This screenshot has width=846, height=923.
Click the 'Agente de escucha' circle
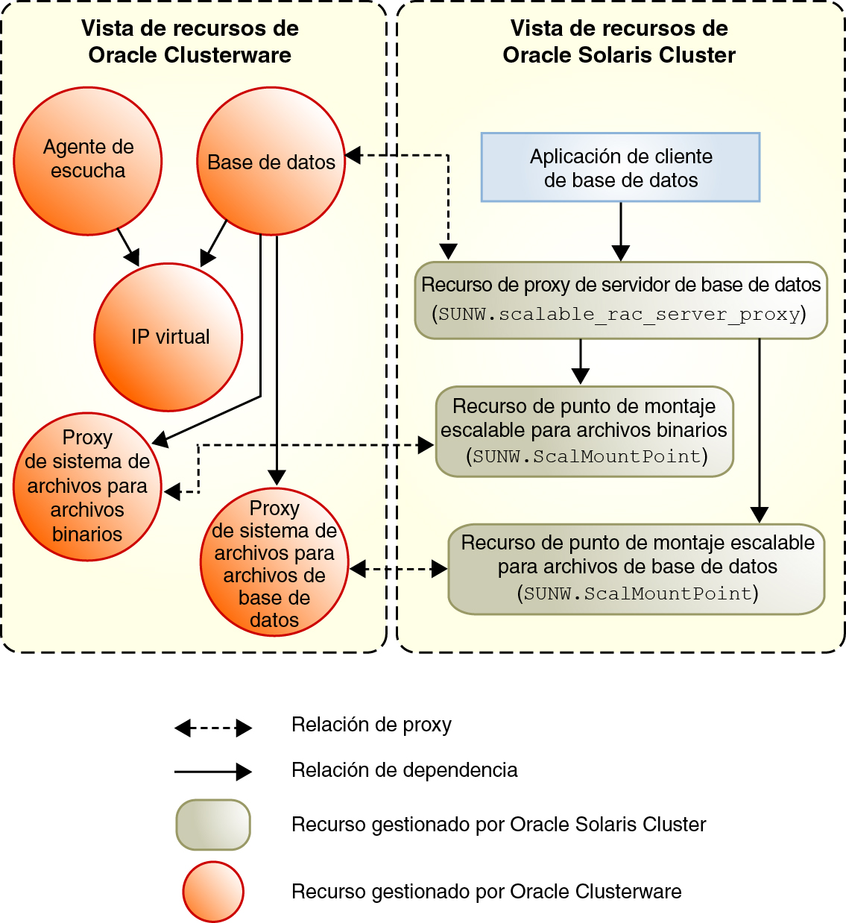(88, 160)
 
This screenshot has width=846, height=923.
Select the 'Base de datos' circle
(271, 161)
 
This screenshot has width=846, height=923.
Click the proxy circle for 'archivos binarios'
(87, 486)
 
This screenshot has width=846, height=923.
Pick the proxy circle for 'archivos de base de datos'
(274, 563)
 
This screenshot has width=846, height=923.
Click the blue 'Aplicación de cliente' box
(620, 168)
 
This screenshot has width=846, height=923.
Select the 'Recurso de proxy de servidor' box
(621, 300)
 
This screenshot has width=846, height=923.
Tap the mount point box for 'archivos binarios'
(584, 431)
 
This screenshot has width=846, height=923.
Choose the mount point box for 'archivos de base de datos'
(637, 568)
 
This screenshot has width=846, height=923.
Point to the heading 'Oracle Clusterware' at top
(189, 55)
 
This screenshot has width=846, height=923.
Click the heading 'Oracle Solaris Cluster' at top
(619, 55)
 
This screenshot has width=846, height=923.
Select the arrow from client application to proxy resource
(621, 231)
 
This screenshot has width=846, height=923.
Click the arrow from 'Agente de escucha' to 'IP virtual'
(129, 248)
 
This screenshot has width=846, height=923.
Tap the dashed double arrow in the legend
(213, 728)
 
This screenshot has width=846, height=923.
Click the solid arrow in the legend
(213, 772)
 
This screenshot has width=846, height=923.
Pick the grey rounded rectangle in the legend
(213, 825)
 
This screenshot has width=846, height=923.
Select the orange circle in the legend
(213, 892)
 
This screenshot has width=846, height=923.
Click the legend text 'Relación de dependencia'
(404, 770)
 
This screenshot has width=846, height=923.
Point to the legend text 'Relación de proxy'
(371, 725)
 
